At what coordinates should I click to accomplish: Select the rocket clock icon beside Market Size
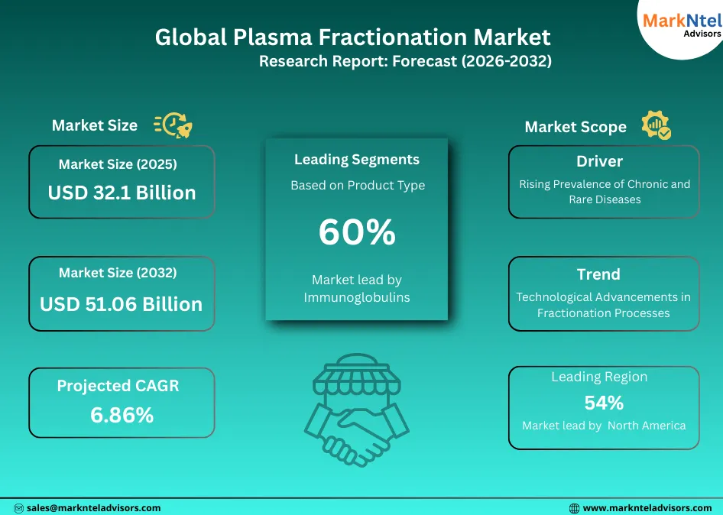173,125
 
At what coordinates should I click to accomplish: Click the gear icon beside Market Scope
656,125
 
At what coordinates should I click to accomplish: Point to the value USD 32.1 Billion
122,193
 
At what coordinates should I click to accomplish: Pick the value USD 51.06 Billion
122,304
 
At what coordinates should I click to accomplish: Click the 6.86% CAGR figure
122,415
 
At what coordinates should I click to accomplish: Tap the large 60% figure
357,232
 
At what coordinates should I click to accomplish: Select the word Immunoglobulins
357,297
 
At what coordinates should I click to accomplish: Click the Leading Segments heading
357,160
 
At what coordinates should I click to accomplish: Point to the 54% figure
604,403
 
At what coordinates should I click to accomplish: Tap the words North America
647,426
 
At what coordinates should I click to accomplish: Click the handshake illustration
356,409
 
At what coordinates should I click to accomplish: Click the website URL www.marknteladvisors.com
647,507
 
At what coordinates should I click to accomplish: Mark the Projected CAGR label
118,386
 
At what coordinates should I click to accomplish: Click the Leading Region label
599,377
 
